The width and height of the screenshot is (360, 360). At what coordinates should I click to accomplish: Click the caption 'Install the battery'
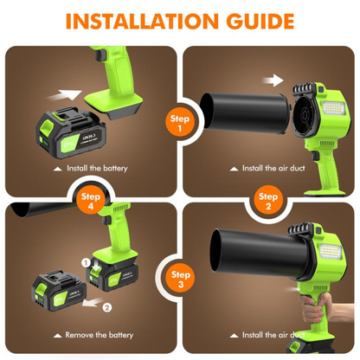pyautogui.click(x=97, y=167)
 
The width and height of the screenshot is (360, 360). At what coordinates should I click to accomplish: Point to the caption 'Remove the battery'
pyautogui.click(x=97, y=332)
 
